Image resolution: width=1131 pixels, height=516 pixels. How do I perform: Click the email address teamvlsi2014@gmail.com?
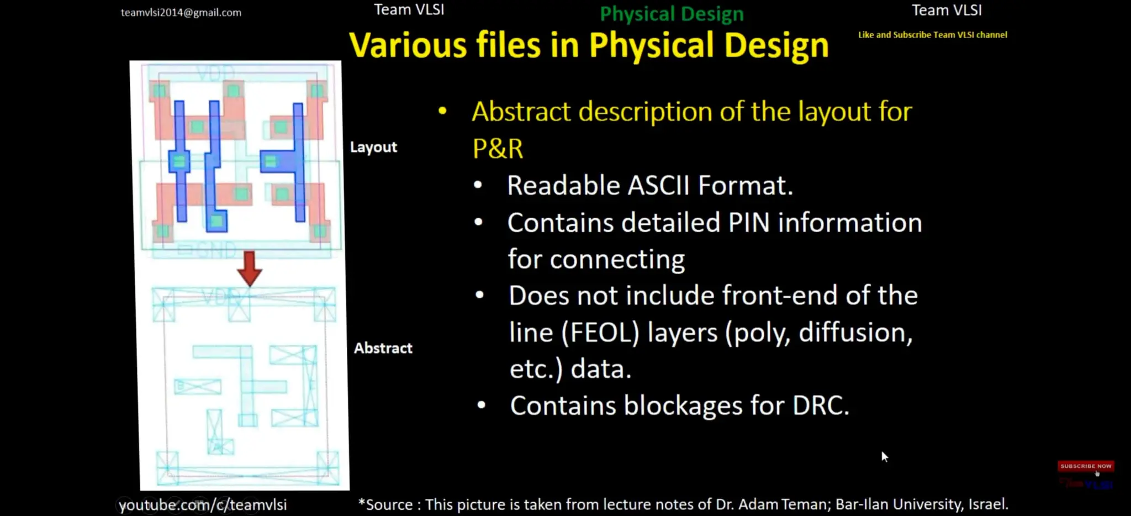[181, 12]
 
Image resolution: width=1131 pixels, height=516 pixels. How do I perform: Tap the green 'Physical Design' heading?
[672, 14]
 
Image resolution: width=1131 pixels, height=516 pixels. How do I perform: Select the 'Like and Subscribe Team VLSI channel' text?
[932, 35]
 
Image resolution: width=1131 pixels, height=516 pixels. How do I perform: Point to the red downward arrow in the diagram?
[250, 268]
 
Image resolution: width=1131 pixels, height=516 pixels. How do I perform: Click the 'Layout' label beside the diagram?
[373, 147]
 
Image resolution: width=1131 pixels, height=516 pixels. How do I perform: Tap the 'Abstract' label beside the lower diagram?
[383, 348]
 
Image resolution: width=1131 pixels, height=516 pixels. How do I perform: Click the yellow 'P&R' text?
[498, 149]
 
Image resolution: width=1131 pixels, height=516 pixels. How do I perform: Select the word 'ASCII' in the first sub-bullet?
[659, 186]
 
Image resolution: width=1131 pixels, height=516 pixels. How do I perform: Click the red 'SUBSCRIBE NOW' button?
[1085, 466]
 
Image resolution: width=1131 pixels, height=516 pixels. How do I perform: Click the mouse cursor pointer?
[884, 456]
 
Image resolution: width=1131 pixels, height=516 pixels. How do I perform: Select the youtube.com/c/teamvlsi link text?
[203, 505]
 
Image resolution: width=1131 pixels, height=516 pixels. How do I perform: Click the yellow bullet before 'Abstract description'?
[442, 111]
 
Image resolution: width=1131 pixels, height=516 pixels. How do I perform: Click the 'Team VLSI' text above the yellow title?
[409, 10]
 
